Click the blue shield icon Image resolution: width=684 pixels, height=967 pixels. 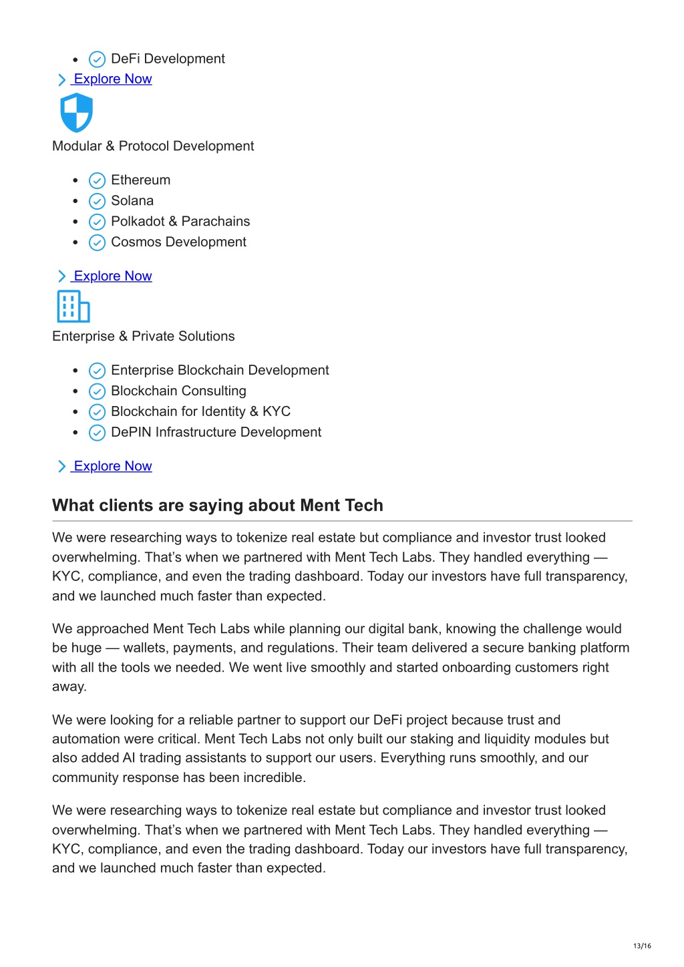tap(76, 112)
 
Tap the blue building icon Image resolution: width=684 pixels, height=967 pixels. tap(73, 307)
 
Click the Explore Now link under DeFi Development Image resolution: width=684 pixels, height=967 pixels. tap(112, 79)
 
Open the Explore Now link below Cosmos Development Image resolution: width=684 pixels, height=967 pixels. tap(112, 276)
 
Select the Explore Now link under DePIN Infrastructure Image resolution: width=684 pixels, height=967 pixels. tap(112, 466)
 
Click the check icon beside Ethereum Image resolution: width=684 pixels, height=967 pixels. tap(97, 180)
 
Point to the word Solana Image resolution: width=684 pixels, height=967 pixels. tap(132, 201)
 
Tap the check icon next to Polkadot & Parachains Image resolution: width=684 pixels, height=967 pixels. tap(97, 222)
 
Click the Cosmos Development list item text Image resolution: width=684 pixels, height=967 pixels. tap(178, 242)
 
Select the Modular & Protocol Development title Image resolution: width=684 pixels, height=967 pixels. tap(153, 146)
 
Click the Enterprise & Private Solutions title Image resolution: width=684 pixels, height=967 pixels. tap(144, 337)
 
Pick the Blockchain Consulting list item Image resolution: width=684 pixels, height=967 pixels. tap(178, 391)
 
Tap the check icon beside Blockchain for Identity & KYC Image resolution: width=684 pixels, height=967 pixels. tap(97, 412)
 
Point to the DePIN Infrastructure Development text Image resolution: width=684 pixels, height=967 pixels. tap(216, 433)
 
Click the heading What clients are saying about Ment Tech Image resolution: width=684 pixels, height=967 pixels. tap(218, 506)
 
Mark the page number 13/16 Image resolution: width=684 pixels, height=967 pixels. tap(642, 946)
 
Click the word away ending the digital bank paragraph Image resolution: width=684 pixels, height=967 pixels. tap(69, 687)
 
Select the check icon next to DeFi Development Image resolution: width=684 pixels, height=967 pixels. tap(97, 59)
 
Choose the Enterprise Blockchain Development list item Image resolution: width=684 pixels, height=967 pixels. tap(220, 371)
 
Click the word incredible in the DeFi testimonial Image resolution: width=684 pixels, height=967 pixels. tap(274, 777)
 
